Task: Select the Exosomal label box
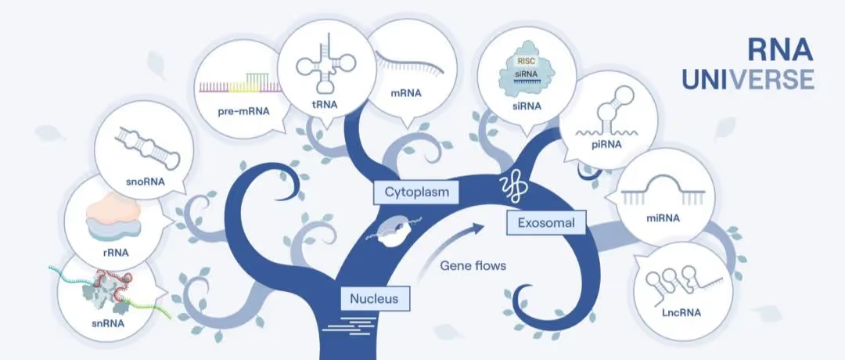tap(545, 224)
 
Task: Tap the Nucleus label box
tap(374, 298)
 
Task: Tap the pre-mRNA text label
tap(243, 111)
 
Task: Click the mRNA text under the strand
tap(405, 93)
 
